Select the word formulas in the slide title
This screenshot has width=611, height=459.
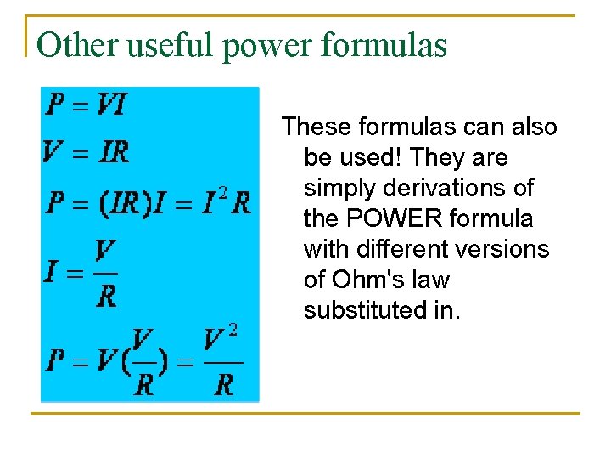pyautogui.click(x=391, y=45)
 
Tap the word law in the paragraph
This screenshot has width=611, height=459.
pyautogui.click(x=432, y=280)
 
